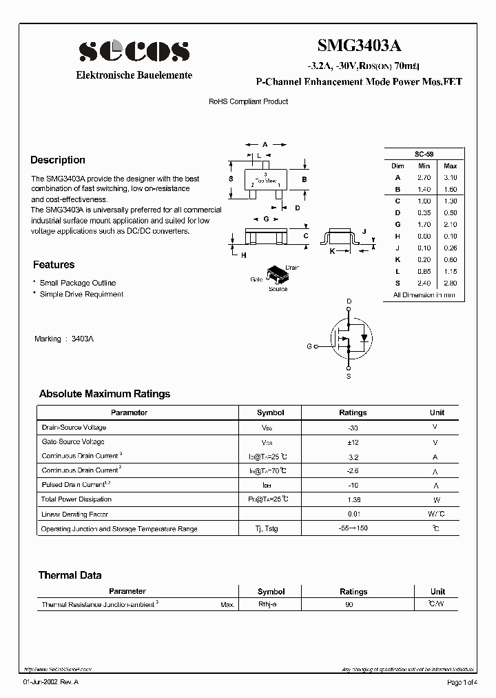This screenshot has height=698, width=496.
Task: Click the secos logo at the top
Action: (x=134, y=50)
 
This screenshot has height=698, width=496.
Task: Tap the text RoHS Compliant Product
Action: (x=248, y=101)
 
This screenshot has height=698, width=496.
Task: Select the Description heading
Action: (x=58, y=160)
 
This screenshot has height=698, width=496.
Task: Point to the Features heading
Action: (x=54, y=265)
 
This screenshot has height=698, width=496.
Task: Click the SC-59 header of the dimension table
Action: (x=424, y=154)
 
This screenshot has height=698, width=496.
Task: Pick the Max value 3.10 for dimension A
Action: (x=450, y=177)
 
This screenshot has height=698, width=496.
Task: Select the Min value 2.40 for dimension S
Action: (x=424, y=283)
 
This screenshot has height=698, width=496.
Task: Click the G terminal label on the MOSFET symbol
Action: (x=309, y=346)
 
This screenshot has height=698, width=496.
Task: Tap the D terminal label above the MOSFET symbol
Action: (x=349, y=302)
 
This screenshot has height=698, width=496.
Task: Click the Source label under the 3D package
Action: (x=278, y=289)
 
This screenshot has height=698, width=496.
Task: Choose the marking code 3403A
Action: (x=82, y=339)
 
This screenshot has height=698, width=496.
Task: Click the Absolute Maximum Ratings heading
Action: (x=105, y=394)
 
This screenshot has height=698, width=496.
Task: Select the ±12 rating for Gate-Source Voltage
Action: (x=353, y=441)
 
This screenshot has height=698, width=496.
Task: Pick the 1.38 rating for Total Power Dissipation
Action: (x=353, y=499)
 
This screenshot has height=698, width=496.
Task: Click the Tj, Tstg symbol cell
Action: (x=270, y=529)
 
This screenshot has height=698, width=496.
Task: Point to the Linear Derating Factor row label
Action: (x=75, y=514)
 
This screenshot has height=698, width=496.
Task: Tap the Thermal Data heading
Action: (x=70, y=575)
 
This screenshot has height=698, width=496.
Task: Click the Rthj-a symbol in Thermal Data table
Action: (x=267, y=604)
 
